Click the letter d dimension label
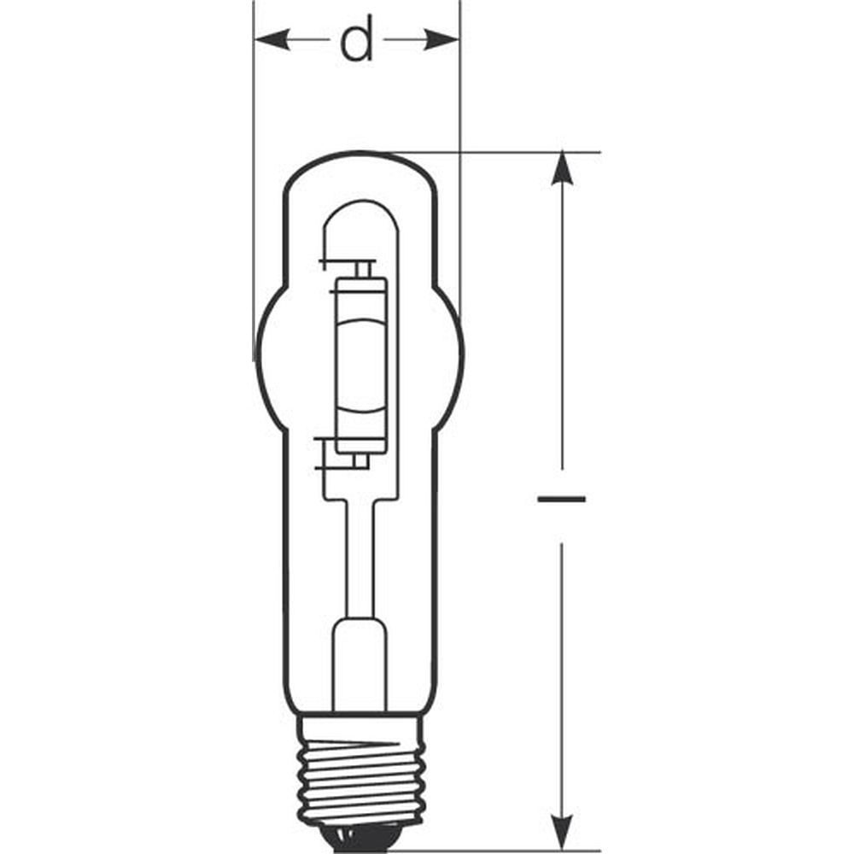click(x=357, y=38)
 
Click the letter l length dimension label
click(x=562, y=499)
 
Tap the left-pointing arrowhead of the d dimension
click(x=272, y=40)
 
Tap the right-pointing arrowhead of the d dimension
click(x=442, y=40)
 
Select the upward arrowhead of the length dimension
click(x=562, y=169)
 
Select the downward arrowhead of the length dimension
click(x=562, y=831)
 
